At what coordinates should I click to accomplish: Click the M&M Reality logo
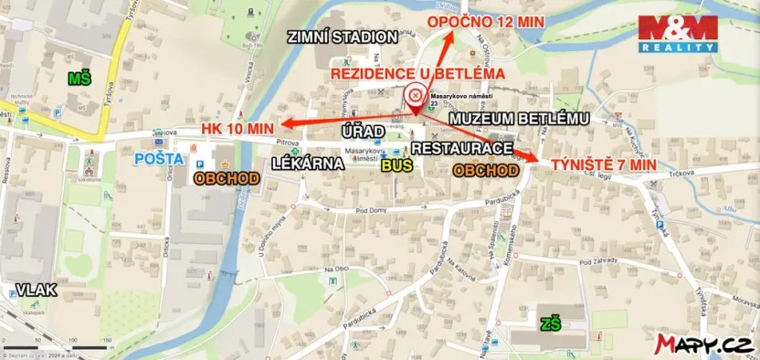coord(678,33)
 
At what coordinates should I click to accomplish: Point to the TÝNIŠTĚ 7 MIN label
coord(603,165)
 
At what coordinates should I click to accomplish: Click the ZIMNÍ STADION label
coord(343,37)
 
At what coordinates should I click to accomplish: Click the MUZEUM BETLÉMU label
coord(520,119)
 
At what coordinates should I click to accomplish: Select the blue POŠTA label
coord(153,159)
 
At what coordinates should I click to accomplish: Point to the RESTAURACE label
coord(461,147)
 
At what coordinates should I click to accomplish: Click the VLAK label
coord(37,290)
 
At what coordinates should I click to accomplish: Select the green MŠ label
coord(79,81)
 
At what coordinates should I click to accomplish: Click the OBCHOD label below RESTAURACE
coord(486,170)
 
